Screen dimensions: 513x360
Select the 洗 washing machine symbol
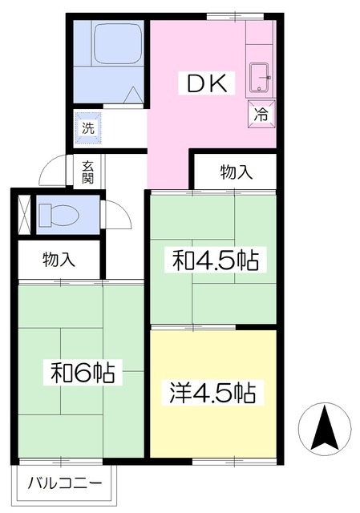point(86,127)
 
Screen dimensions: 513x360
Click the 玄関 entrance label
point(87,172)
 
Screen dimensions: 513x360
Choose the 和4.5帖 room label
point(216,260)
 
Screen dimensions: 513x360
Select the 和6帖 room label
point(83,372)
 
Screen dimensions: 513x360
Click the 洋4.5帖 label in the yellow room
point(212,393)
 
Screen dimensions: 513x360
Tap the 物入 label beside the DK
point(237,172)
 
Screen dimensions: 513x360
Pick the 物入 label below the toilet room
point(59,259)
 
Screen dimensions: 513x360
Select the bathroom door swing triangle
point(134,95)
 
